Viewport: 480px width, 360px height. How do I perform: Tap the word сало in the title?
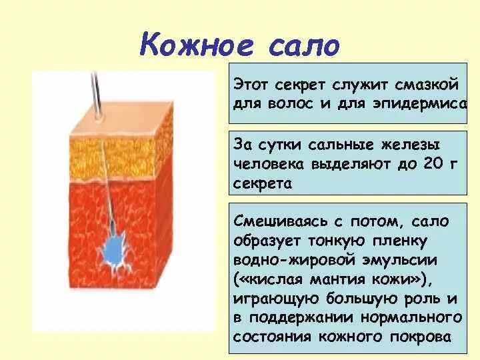(305, 46)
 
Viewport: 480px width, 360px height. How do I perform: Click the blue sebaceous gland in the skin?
(115, 251)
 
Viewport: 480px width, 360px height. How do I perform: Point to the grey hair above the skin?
(97, 95)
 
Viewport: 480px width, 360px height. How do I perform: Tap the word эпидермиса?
(420, 104)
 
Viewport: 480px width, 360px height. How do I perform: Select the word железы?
(409, 145)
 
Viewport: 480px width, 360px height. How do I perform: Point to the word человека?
(269, 165)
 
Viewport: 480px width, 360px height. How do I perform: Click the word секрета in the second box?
(263, 184)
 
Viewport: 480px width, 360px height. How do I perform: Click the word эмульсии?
(400, 261)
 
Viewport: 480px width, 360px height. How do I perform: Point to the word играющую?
(276, 299)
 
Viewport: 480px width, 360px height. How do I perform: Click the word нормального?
(411, 318)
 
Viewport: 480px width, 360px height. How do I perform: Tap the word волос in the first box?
(290, 104)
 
